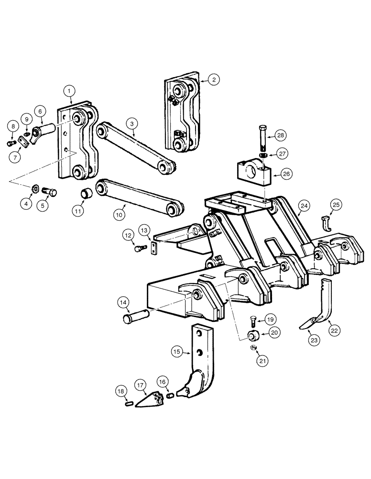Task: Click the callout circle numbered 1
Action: [x=70, y=90]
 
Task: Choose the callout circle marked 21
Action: [x=262, y=361]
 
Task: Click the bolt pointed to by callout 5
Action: [x=49, y=192]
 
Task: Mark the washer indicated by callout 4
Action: [x=35, y=188]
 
